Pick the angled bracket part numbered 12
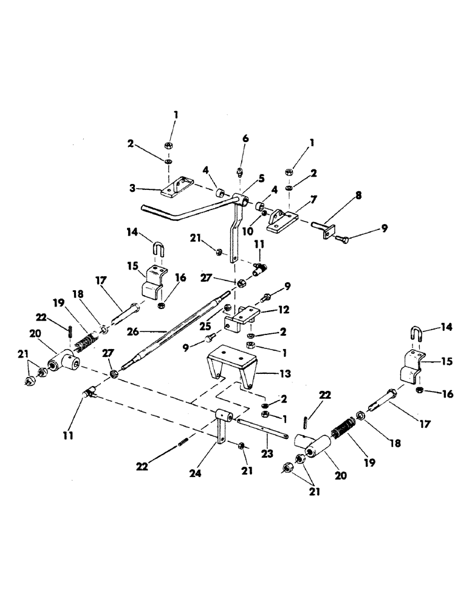[x=243, y=316]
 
